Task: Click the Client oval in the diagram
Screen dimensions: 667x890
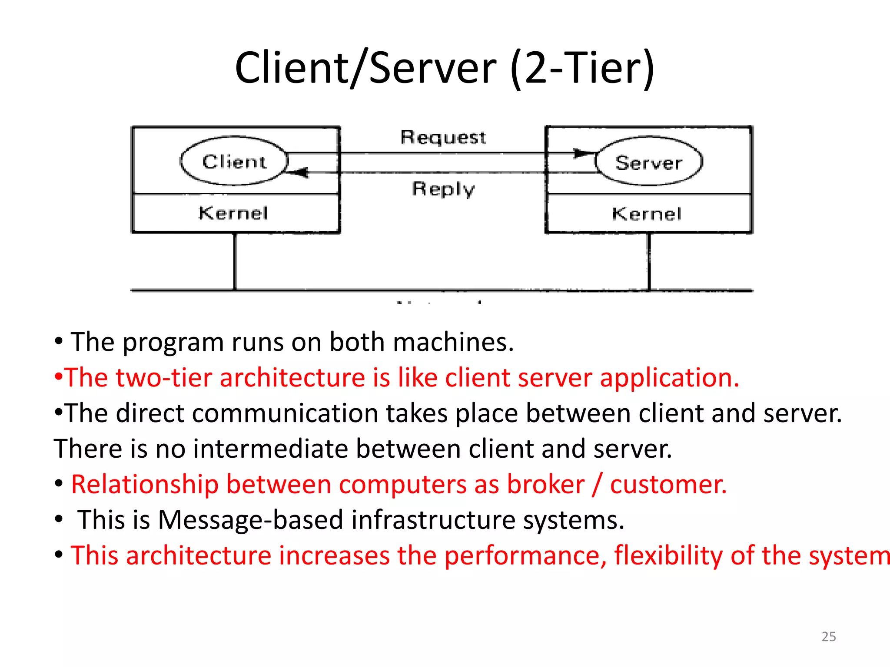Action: pos(234,162)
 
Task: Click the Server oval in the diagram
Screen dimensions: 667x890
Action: pos(648,162)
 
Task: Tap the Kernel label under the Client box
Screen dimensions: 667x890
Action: pos(233,213)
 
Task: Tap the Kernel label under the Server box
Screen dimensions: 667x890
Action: pos(646,214)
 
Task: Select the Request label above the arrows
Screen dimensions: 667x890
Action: pos(443,137)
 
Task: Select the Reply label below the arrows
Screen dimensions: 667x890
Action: pos(443,189)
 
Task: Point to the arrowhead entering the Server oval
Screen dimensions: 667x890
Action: pos(583,153)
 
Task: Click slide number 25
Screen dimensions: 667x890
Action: pos(828,636)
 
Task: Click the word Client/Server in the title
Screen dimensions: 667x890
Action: pos(365,68)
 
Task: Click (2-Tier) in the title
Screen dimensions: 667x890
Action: pos(582,68)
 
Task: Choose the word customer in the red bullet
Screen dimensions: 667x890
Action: pos(668,484)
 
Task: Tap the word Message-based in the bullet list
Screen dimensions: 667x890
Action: pos(251,520)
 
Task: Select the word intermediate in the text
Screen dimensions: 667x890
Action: pos(270,449)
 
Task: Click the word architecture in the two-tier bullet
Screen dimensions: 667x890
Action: pos(292,377)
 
